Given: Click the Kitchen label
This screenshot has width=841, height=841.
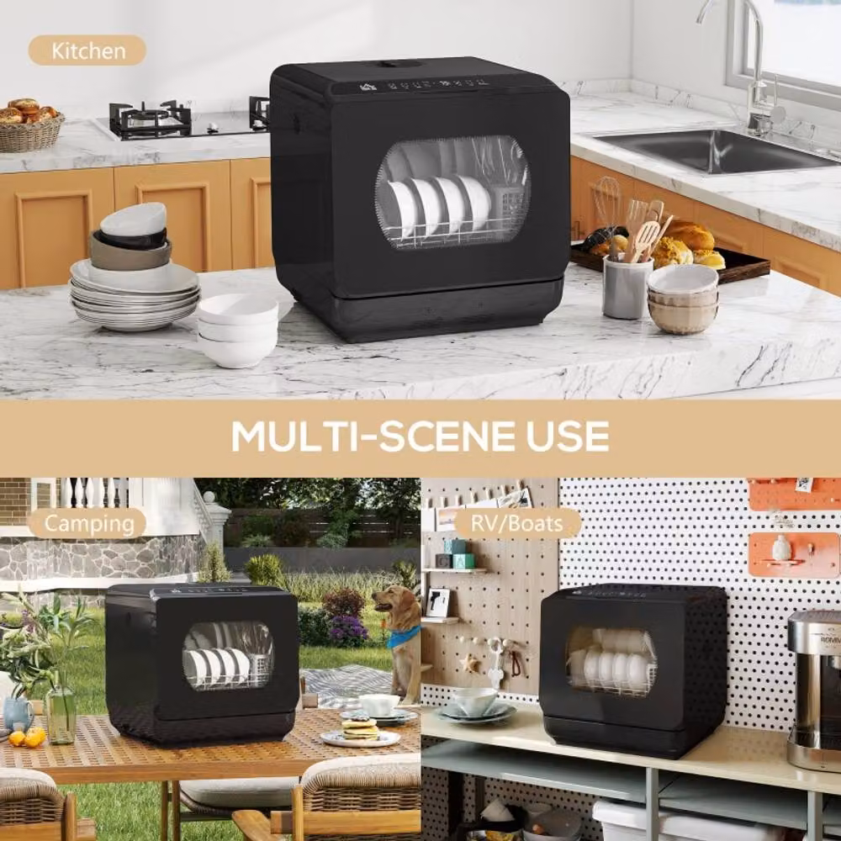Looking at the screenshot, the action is [x=87, y=50].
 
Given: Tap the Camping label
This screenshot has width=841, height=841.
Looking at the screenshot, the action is [x=88, y=523].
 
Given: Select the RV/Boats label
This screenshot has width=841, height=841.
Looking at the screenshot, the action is [x=517, y=523].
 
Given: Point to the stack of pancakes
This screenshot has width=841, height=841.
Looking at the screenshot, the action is [x=360, y=730].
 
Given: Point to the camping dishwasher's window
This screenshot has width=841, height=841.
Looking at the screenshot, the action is [x=228, y=656].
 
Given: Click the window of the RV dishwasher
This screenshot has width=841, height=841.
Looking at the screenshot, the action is [x=611, y=662].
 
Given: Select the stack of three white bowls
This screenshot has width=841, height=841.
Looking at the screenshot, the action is [x=238, y=331].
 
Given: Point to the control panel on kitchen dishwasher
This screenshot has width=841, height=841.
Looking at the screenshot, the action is [x=424, y=83].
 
